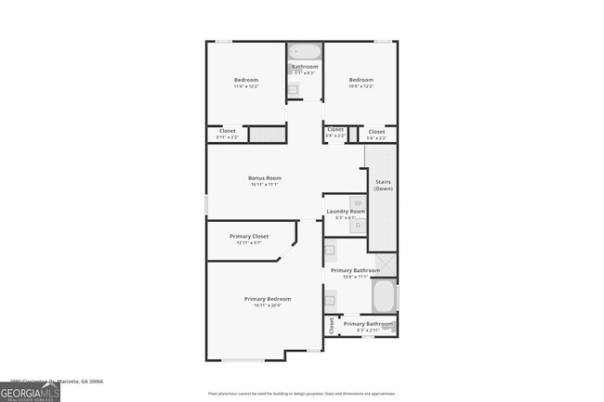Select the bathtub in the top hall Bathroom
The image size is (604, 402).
tap(305, 52)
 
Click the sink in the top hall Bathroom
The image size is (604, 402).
tap(293, 88)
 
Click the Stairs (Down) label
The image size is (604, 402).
tap(383, 186)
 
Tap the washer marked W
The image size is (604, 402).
tap(357, 203)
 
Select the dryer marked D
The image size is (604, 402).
tap(357, 225)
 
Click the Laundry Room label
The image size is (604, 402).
tap(345, 213)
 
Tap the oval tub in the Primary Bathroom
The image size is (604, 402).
tap(383, 297)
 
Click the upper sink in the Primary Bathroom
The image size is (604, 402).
tap(329, 250)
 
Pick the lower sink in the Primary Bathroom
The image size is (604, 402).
tap(329, 299)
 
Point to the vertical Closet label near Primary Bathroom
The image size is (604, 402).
tap(331, 325)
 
